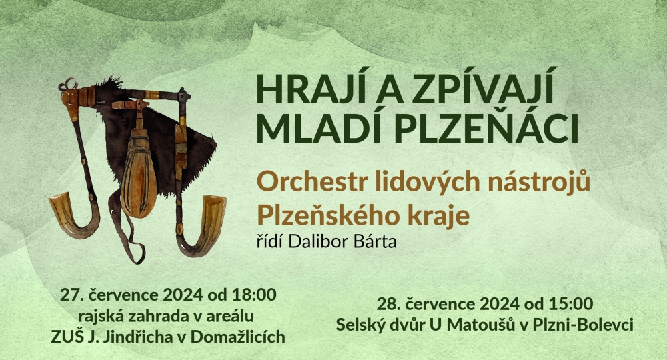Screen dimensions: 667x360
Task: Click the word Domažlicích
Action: (x=238, y=337)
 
